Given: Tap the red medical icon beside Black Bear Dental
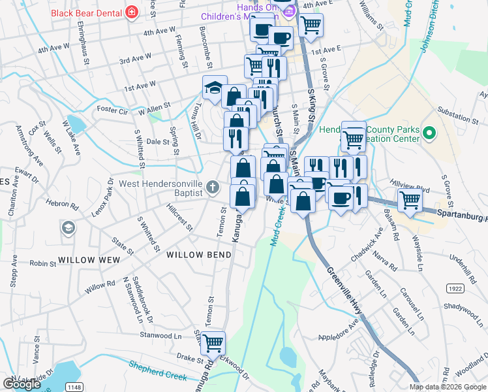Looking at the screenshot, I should point(131,12).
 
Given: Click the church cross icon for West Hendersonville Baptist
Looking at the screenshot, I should point(212,188).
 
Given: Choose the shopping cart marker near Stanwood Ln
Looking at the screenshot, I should point(213,342).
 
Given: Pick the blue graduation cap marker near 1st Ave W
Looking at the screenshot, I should point(214,88).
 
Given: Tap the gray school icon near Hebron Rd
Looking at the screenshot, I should point(67,227).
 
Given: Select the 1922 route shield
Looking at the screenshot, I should point(455,288).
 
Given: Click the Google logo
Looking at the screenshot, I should point(22,384).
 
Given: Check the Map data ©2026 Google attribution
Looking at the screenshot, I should point(448,387).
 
